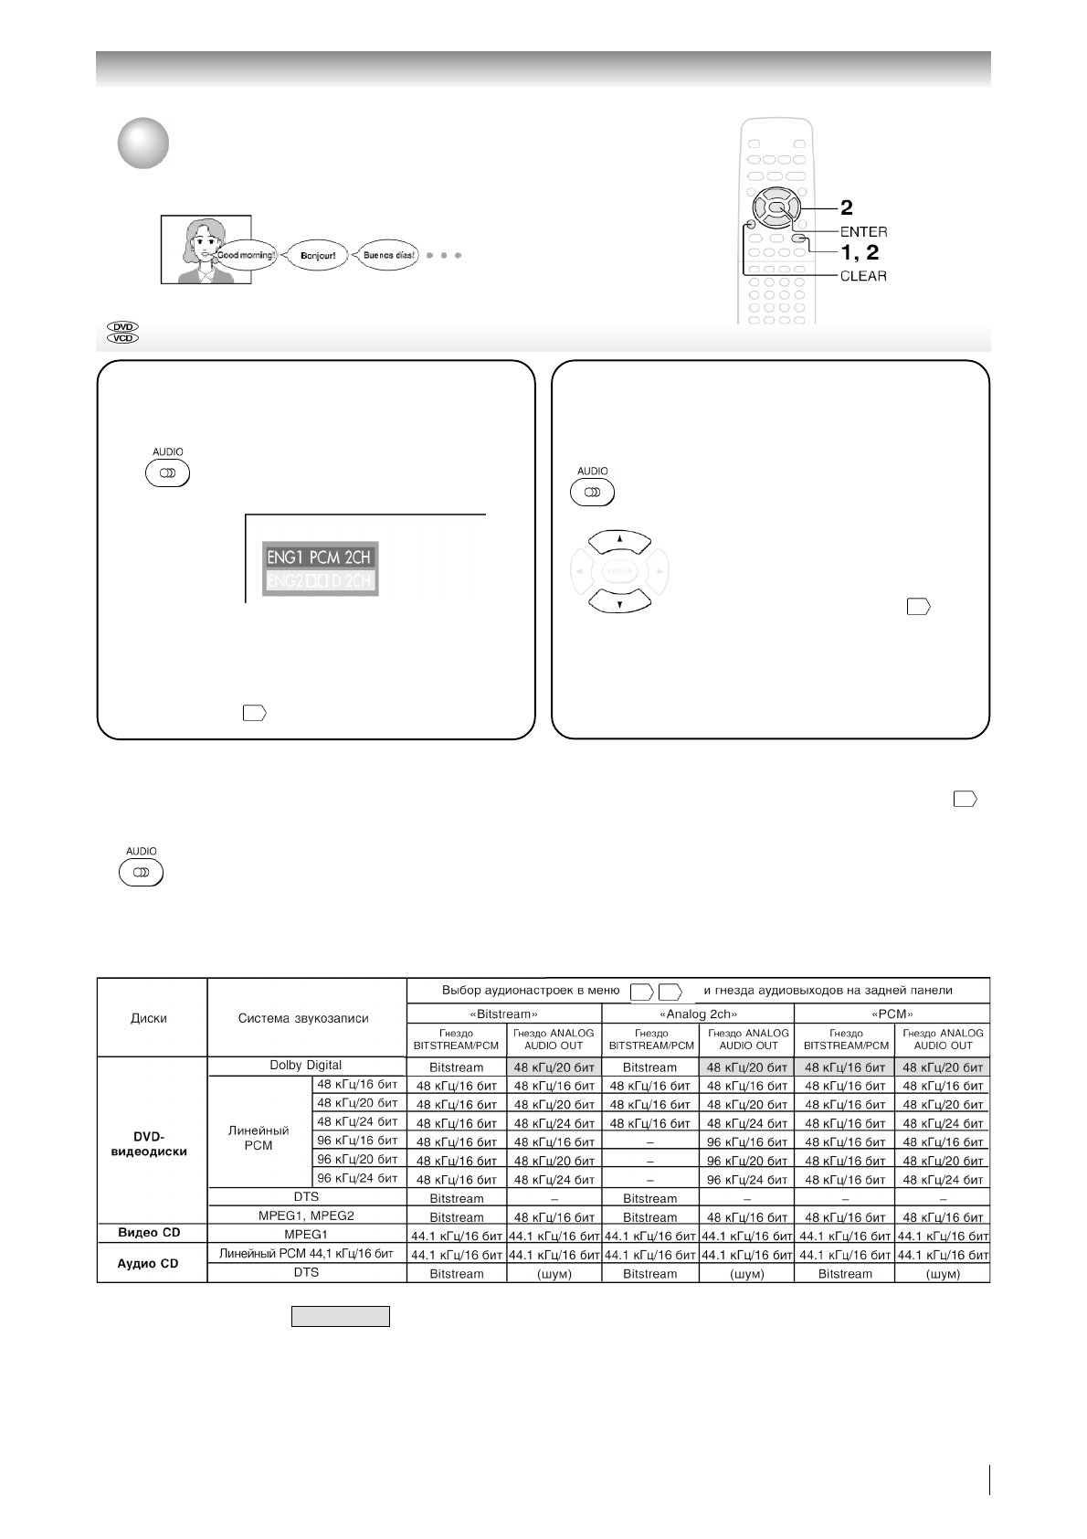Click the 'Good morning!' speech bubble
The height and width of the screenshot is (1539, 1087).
tap(244, 255)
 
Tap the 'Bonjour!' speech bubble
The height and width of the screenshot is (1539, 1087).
tap(318, 256)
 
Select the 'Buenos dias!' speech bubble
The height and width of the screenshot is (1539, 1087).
tap(388, 255)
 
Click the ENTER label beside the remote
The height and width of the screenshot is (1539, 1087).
tap(863, 232)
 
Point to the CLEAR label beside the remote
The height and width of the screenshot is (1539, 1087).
tap(863, 276)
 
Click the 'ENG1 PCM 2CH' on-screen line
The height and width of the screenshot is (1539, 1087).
tap(319, 557)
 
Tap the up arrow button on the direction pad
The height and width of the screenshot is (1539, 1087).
tap(619, 542)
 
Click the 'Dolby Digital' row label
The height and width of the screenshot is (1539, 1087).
tap(306, 1066)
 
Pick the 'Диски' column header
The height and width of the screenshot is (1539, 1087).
tap(150, 1018)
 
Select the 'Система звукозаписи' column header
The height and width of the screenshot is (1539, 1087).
tap(304, 1018)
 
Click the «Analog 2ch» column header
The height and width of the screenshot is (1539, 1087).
tap(698, 1014)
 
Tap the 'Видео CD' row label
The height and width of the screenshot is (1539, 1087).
tap(150, 1232)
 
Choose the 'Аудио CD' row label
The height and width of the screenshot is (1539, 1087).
tap(150, 1264)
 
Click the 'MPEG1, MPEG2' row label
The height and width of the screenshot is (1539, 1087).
tap(306, 1215)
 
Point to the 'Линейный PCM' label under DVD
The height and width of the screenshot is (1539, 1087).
tap(259, 1138)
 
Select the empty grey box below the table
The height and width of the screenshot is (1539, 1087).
tap(341, 1316)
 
